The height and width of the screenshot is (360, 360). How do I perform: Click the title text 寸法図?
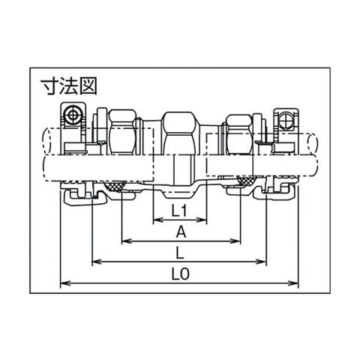69,86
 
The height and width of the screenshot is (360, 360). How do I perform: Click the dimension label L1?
179,211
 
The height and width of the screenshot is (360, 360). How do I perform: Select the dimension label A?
181,232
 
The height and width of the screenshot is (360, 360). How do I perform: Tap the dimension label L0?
181,274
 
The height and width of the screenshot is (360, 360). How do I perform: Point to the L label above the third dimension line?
180,253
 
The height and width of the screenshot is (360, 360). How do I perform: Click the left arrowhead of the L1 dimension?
157,220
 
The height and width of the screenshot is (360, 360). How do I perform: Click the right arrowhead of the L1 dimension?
202,220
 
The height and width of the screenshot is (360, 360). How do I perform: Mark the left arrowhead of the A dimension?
127,241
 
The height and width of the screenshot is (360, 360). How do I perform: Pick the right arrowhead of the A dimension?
235,241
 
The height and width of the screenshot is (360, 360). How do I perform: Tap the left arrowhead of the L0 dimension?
65,283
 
